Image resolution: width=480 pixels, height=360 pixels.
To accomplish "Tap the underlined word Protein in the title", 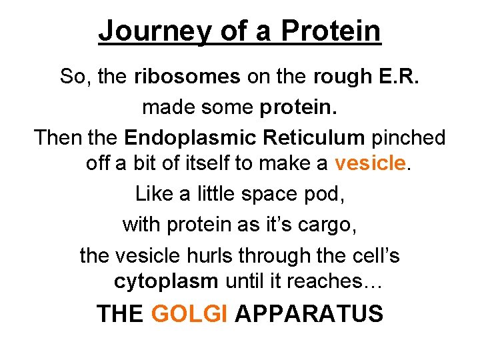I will click(x=331, y=31).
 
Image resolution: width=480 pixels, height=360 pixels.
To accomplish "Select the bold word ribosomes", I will click(x=187, y=77).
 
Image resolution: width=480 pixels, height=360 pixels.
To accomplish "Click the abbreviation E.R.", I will click(x=398, y=77).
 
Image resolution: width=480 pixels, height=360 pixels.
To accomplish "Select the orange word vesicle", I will click(x=370, y=163).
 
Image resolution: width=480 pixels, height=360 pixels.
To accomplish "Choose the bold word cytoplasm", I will click(x=166, y=281).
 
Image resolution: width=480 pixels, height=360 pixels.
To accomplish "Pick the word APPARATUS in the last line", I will click(x=309, y=313).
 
